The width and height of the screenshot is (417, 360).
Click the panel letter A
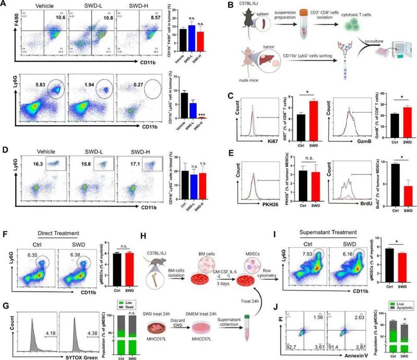click(x=5, y=5)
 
